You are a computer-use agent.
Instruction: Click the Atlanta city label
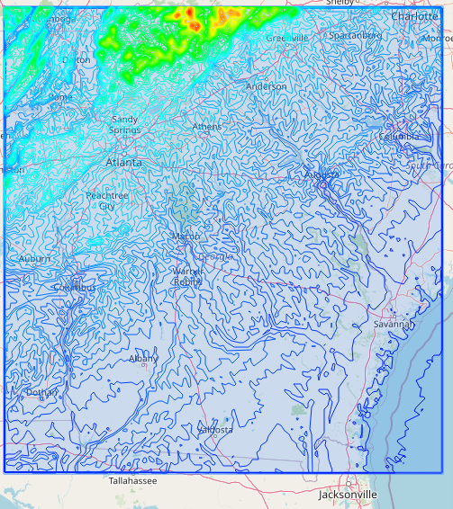click(123, 163)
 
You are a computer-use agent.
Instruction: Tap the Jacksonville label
click(348, 495)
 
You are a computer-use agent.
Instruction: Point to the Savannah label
click(394, 324)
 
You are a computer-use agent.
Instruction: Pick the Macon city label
click(186, 236)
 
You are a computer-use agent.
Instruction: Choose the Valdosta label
click(214, 430)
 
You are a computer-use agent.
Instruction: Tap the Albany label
click(143, 358)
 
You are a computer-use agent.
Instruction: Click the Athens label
click(206, 127)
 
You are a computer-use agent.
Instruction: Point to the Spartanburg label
click(355, 35)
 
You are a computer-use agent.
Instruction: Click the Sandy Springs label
click(124, 124)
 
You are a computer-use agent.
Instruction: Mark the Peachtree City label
click(107, 201)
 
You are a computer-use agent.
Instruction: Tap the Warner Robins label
click(188, 276)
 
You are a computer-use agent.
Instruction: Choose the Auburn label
click(35, 259)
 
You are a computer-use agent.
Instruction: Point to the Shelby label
click(340, 4)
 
